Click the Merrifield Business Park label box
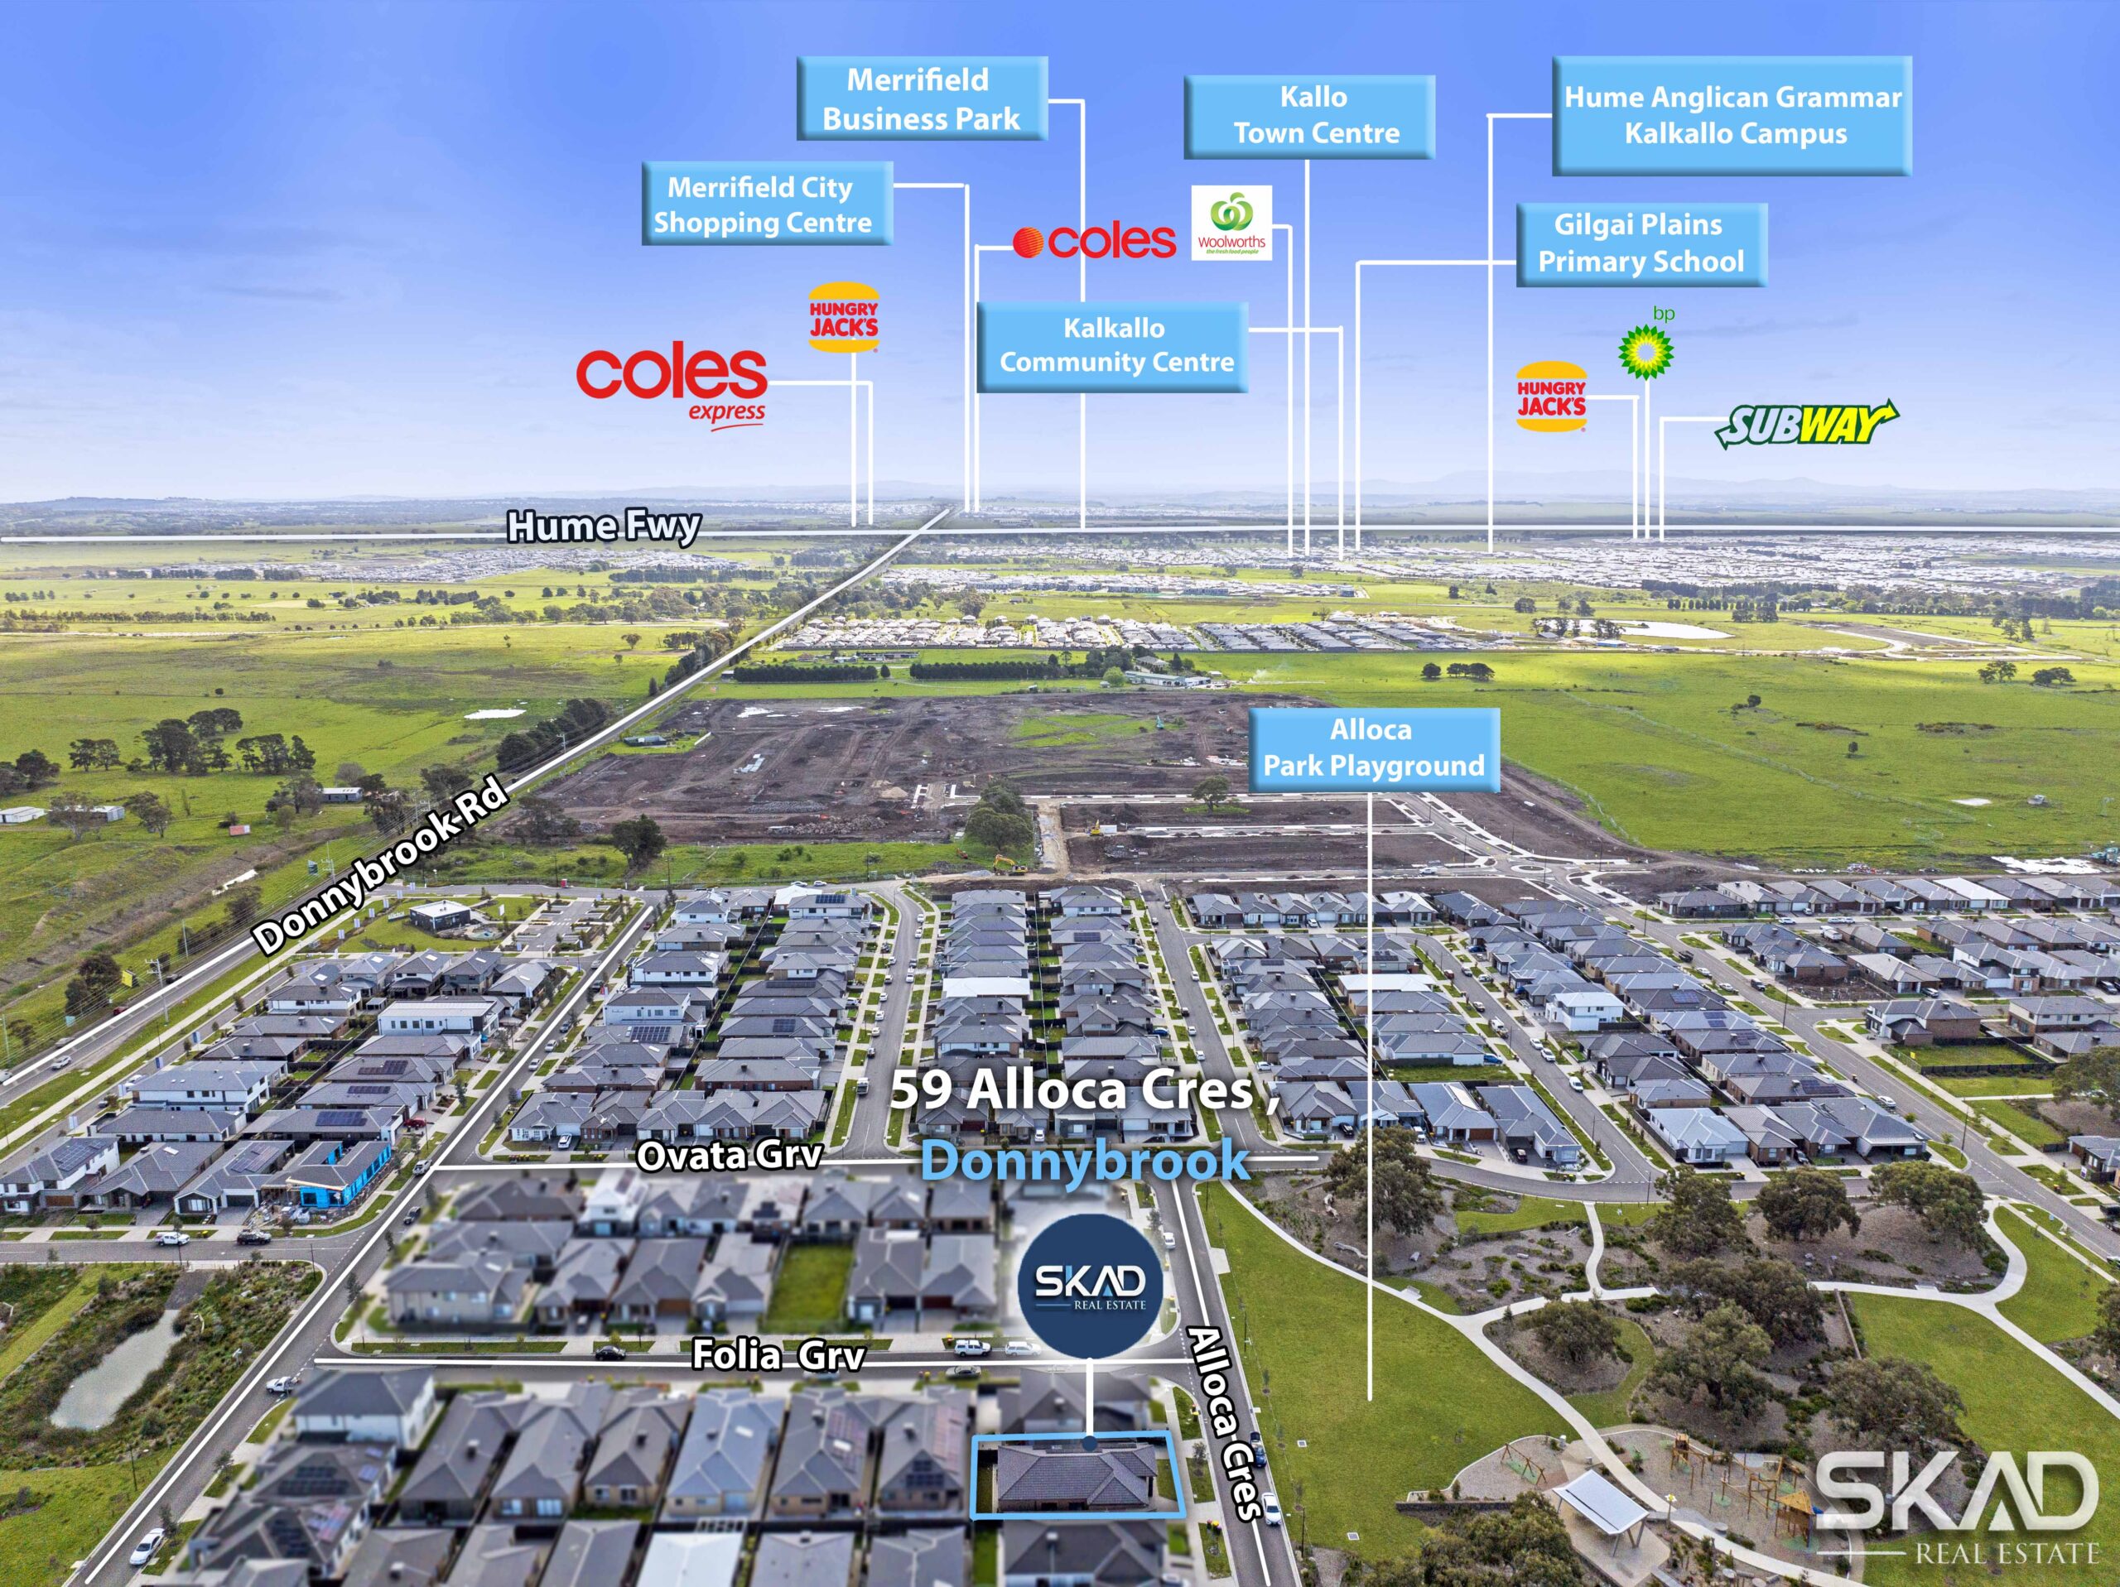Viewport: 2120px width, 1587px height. click(922, 98)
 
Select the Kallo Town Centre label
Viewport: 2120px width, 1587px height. click(1309, 116)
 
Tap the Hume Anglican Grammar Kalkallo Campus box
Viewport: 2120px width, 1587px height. click(1732, 115)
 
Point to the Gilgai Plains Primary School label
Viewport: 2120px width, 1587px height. click(1641, 243)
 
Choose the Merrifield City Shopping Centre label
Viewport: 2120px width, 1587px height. click(768, 203)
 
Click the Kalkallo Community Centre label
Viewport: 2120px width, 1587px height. click(1111, 346)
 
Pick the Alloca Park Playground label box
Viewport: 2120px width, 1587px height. click(1373, 749)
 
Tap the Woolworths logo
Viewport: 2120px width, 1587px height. click(1231, 223)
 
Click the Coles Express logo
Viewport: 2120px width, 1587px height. click(672, 385)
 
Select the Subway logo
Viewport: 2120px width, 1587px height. click(1805, 424)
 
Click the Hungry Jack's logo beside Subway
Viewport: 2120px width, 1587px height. click(1551, 396)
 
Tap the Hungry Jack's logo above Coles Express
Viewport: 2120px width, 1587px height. click(843, 317)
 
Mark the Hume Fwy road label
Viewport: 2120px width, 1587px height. click(604, 527)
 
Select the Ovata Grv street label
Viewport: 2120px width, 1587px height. click(730, 1156)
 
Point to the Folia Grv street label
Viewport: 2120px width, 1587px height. click(778, 1355)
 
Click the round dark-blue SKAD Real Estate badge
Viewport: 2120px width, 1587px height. click(1090, 1285)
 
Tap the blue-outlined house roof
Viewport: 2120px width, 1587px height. click(1077, 1474)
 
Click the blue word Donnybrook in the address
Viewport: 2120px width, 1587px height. click(1085, 1161)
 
